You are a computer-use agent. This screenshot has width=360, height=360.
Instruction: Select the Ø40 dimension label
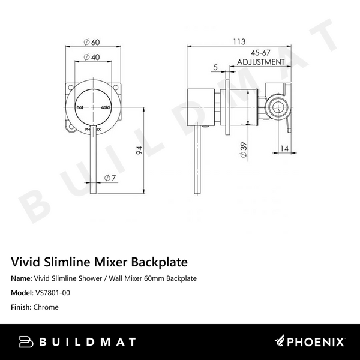pos(91,57)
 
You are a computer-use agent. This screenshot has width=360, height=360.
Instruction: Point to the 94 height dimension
pos(140,152)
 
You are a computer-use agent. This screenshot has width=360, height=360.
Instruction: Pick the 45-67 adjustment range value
pos(260,53)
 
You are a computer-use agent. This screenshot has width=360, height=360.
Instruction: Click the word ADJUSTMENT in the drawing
pos(260,62)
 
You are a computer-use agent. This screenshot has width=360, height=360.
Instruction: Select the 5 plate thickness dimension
pos(214,67)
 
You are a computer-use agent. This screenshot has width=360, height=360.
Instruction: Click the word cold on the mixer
pos(106,107)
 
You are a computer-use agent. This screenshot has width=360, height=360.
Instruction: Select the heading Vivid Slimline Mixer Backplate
pos(100,262)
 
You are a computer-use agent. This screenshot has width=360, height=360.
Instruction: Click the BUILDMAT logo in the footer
pos(77,342)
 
